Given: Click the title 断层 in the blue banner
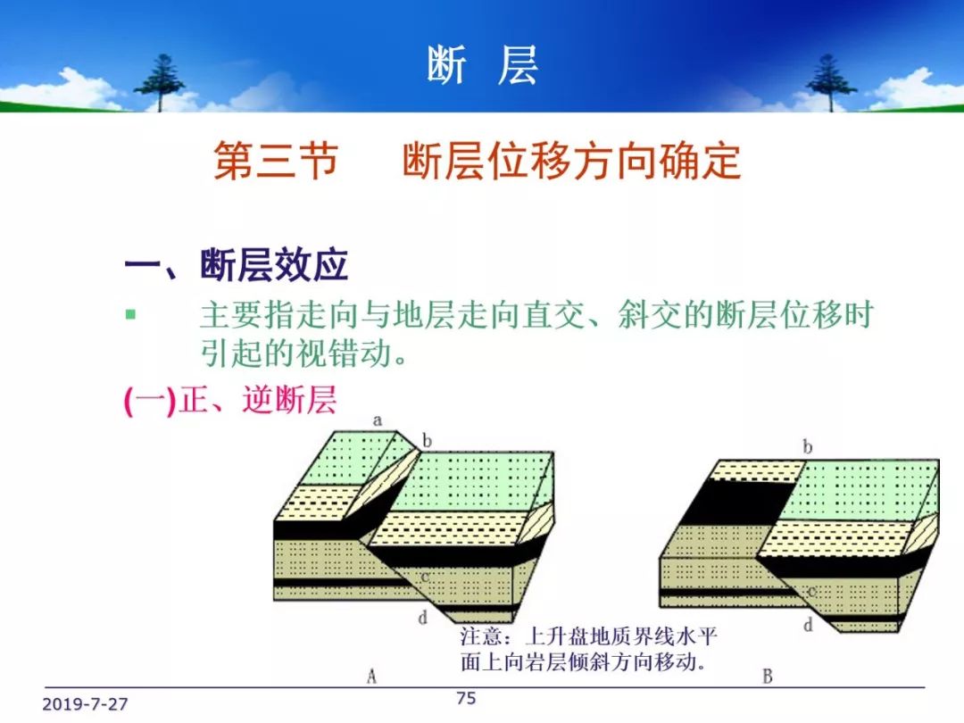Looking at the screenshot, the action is pyautogui.click(x=483, y=64).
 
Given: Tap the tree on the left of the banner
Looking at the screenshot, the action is pyautogui.click(x=160, y=83).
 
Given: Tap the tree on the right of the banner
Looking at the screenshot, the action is pyautogui.click(x=830, y=83).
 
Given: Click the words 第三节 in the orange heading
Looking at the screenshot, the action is pyautogui.click(x=276, y=161).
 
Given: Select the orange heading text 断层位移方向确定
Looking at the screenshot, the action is pyautogui.click(x=572, y=161).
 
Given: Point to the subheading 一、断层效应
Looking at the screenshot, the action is pyautogui.click(x=236, y=266).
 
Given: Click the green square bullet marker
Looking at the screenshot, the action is pyautogui.click(x=130, y=315).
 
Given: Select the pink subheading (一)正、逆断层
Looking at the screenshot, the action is pyautogui.click(x=230, y=400).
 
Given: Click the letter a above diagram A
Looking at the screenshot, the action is pyautogui.click(x=378, y=420).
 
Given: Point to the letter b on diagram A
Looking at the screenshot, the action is pyautogui.click(x=427, y=440).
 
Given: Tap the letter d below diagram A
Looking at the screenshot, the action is pyautogui.click(x=423, y=617).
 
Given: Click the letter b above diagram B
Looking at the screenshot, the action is pyautogui.click(x=807, y=446).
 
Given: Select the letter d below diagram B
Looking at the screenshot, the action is pyautogui.click(x=808, y=625).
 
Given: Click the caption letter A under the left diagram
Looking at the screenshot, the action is pyautogui.click(x=371, y=677).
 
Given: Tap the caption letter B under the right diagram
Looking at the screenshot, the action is pyautogui.click(x=768, y=677).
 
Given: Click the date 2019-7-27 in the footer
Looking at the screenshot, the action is pyautogui.click(x=85, y=704).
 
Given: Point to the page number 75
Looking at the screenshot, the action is pyautogui.click(x=466, y=698).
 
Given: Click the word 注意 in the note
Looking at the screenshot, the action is pyautogui.click(x=481, y=636).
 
